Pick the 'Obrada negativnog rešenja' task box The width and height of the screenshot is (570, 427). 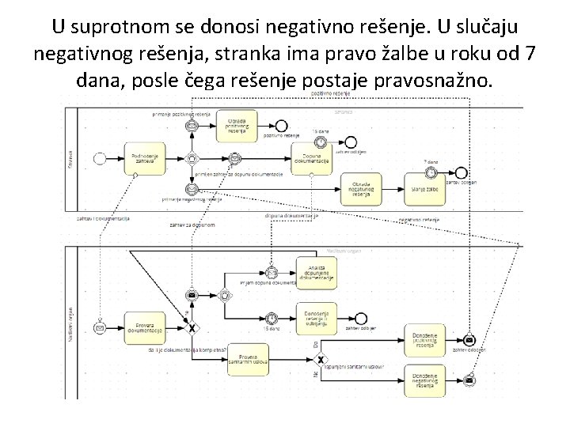point(361,187)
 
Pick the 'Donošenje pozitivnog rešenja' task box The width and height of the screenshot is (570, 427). point(424,339)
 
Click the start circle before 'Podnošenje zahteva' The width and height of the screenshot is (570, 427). point(100,158)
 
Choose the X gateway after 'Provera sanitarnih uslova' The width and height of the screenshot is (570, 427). point(321,359)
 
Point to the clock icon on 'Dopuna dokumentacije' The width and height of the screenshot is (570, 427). point(320,142)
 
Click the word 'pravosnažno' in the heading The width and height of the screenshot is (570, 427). point(442,80)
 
